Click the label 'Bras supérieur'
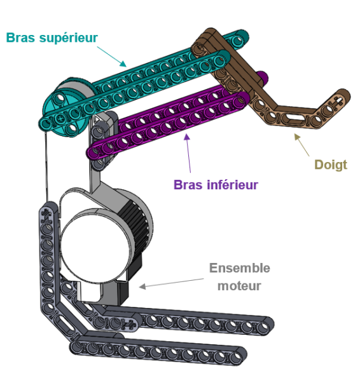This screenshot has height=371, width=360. point(52,37)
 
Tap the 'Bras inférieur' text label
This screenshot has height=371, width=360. point(216,185)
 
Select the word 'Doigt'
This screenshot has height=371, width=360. point(331,165)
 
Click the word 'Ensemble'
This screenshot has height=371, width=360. point(239,268)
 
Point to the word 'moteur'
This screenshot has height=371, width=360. point(239,286)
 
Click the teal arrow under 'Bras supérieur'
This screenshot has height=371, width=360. point(112,57)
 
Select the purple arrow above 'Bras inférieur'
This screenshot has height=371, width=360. point(188,153)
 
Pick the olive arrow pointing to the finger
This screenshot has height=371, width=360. point(301,145)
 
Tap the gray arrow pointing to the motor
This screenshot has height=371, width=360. point(172,283)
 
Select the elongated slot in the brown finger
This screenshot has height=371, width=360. point(293,117)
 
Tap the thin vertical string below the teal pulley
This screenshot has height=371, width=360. point(46,166)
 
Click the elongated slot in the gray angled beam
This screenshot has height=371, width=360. point(64,324)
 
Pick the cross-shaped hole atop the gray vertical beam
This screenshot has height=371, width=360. point(46,215)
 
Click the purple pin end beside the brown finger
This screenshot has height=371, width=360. point(263,76)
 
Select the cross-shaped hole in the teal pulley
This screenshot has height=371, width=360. point(61,118)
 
